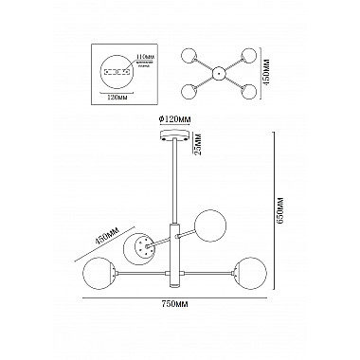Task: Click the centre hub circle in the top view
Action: pyautogui.click(x=218, y=71)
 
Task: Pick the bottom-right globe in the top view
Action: pyautogui.click(x=249, y=90)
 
